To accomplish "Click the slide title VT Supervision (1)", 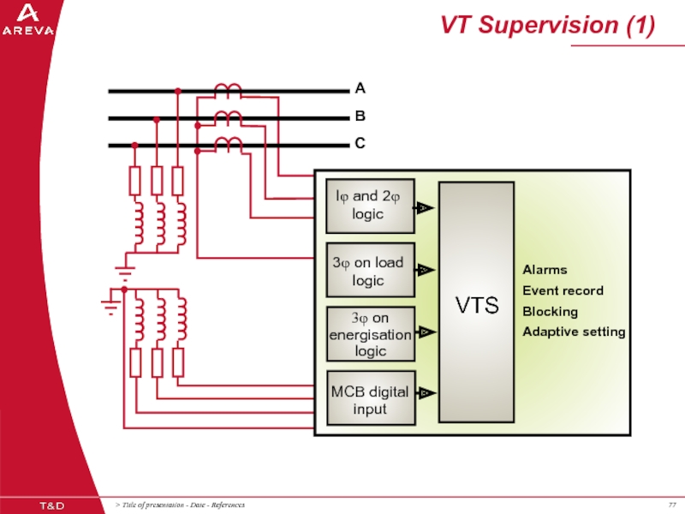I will (548, 26).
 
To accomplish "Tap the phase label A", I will (360, 88).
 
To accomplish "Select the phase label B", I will (360, 117).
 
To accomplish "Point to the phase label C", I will (360, 144).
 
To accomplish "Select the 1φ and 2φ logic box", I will (370, 206).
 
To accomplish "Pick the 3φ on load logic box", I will (370, 272).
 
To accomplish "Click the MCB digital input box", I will (370, 398).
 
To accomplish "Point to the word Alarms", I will (545, 270).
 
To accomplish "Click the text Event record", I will (563, 290).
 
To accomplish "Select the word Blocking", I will (550, 311).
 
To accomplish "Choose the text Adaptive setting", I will (574, 332).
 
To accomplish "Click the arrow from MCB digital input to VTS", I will (426, 393).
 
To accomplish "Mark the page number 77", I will (670, 505).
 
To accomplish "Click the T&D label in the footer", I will (51, 504).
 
